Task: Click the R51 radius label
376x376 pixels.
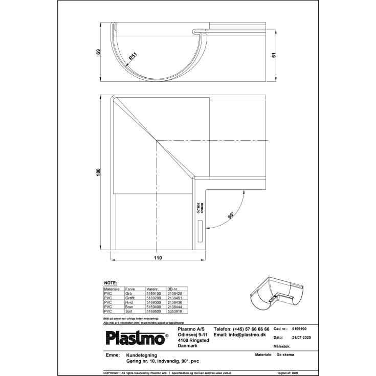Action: [132, 57]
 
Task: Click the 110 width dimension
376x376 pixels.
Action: [158, 258]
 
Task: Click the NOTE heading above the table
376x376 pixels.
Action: [110, 283]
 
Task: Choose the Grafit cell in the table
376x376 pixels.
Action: [131, 298]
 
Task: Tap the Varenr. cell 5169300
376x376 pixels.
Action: [154, 302]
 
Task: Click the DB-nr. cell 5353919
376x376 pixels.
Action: [175, 311]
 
